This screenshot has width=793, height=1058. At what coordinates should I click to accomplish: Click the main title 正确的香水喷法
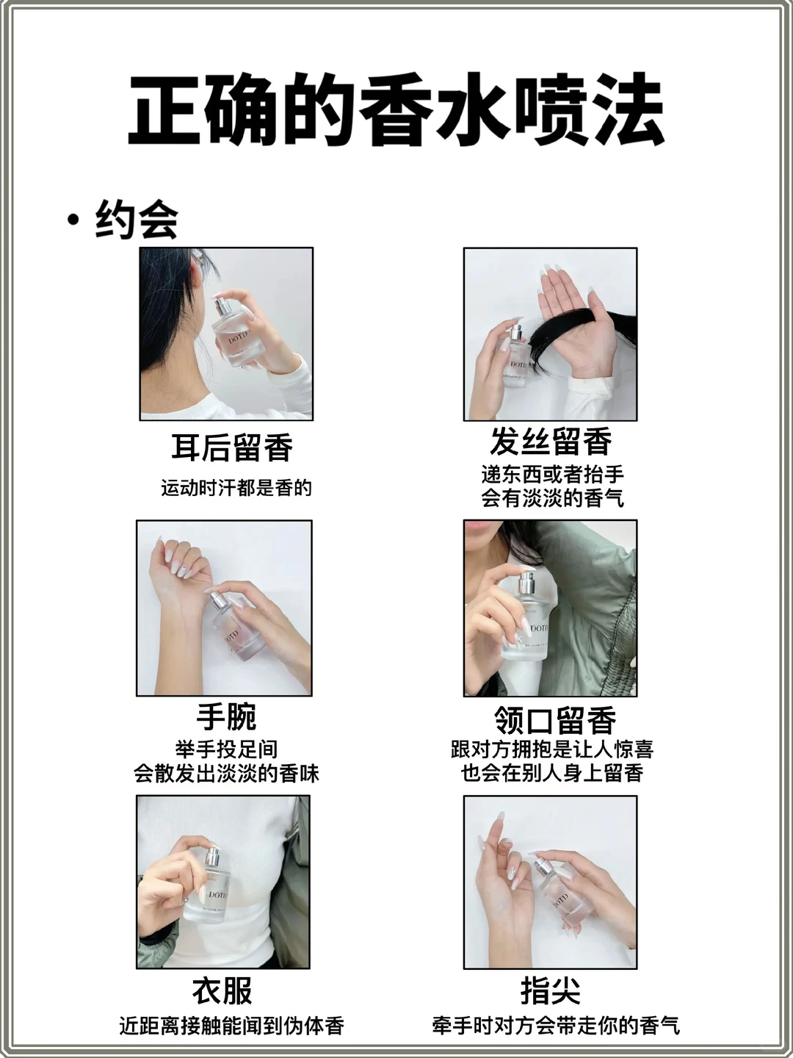(396, 110)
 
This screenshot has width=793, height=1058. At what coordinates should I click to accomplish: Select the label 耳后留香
(232, 447)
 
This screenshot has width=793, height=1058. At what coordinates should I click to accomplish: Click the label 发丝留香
(551, 442)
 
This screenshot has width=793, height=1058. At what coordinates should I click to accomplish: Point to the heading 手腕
(226, 716)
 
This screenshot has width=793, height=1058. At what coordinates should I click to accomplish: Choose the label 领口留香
(554, 720)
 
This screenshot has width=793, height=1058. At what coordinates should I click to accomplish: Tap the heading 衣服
(222, 990)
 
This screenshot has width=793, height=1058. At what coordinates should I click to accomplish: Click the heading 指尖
(550, 990)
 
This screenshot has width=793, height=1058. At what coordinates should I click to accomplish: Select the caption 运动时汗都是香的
(236, 488)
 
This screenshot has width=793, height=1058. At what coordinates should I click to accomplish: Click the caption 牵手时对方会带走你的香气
(556, 1026)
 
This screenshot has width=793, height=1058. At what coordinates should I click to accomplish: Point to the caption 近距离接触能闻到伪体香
(231, 1026)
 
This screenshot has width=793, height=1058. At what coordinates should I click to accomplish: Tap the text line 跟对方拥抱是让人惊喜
(551, 749)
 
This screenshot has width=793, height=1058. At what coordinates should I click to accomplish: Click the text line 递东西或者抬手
(552, 474)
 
